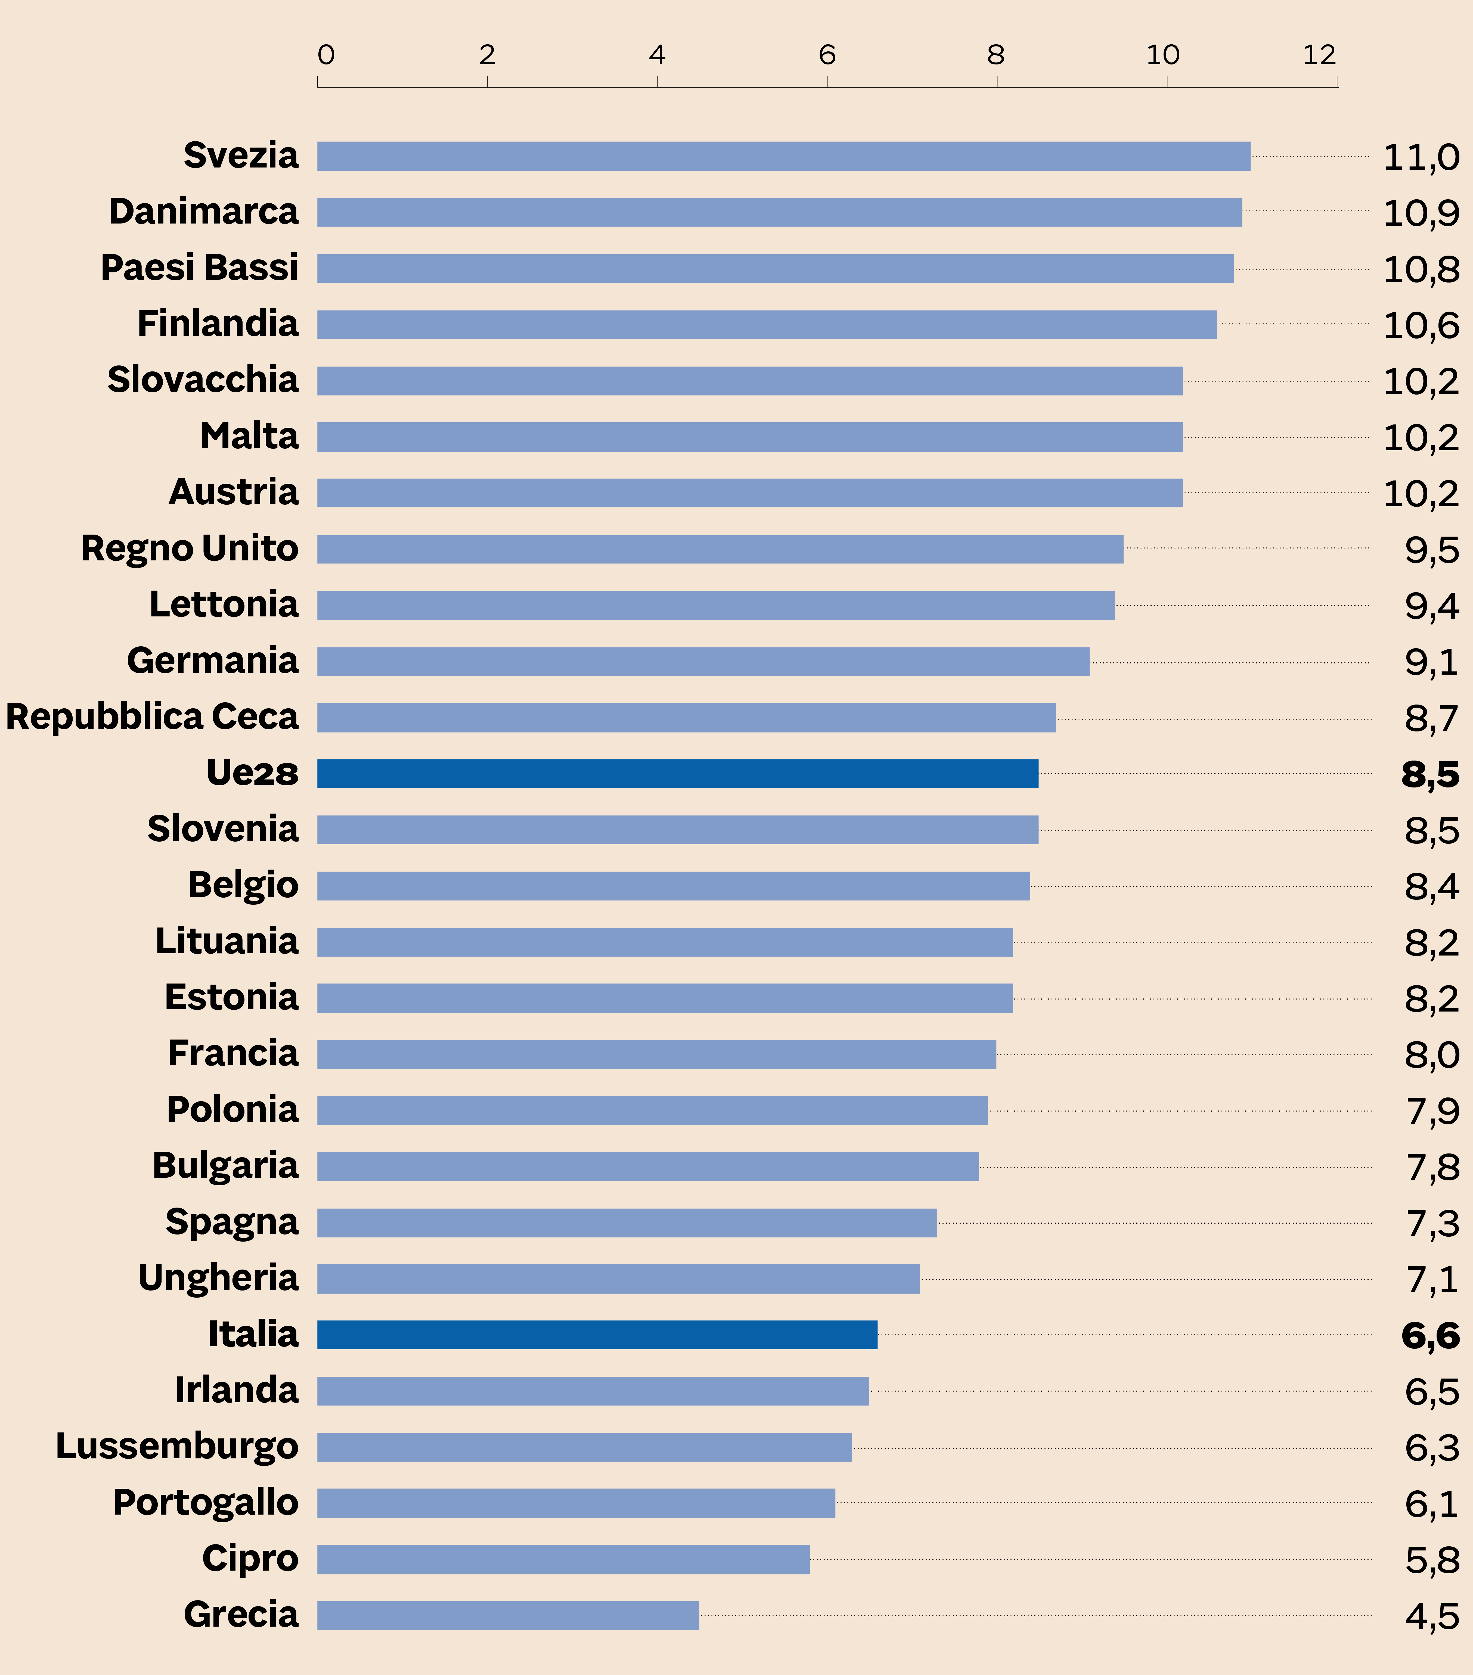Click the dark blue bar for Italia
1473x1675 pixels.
pyautogui.click(x=597, y=1335)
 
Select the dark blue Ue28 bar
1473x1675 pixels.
pyautogui.click(x=677, y=774)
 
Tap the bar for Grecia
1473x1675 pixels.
pyautogui.click(x=507, y=1615)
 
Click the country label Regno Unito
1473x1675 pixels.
pyautogui.click(x=189, y=548)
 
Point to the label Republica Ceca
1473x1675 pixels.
pyautogui.click(x=152, y=717)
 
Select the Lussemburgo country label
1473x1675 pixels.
pyautogui.click(x=176, y=1446)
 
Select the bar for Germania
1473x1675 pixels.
pyautogui.click(x=702, y=661)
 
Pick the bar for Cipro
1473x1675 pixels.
pyautogui.click(x=563, y=1559)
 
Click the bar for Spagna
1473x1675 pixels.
pyautogui.click(x=626, y=1223)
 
